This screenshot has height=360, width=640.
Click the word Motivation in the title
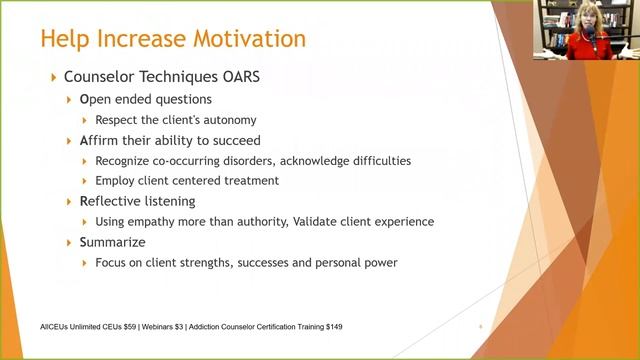(x=242, y=40)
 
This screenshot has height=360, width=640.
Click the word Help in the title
(x=66, y=40)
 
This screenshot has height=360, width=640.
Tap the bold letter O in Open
(x=84, y=100)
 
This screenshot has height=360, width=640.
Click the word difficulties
(x=374, y=160)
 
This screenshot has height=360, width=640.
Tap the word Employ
(x=116, y=180)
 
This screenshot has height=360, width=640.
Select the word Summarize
(x=112, y=242)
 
